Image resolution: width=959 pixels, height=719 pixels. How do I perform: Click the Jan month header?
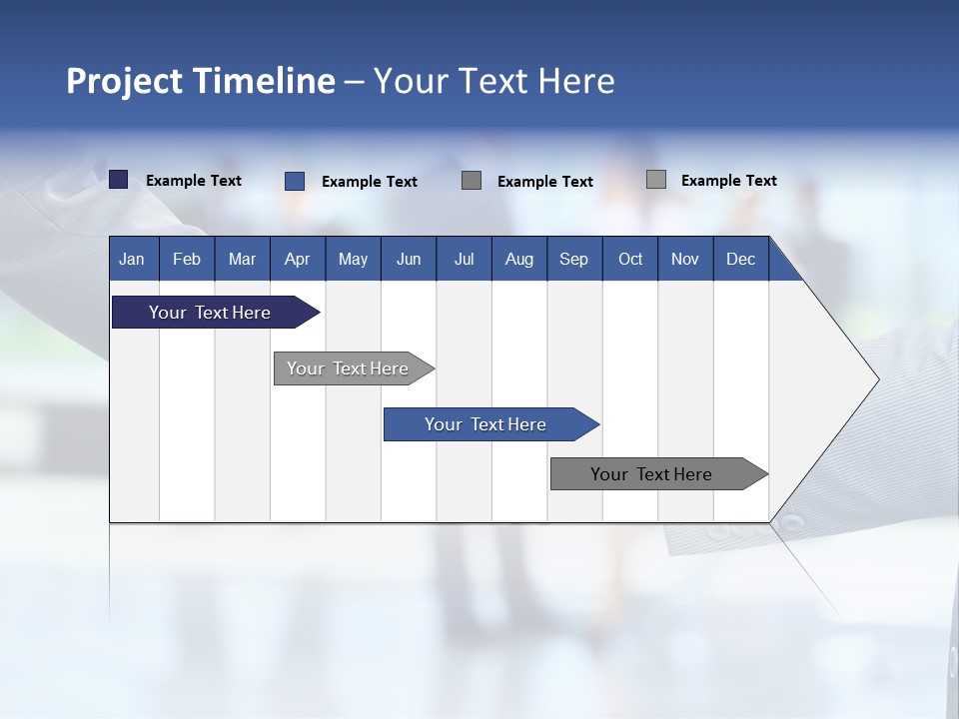pyautogui.click(x=132, y=259)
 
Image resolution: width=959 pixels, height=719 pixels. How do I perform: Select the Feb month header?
pyautogui.click(x=187, y=259)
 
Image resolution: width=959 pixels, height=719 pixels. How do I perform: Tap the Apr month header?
pyautogui.click(x=297, y=259)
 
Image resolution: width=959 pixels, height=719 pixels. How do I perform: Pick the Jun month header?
pyautogui.click(x=409, y=259)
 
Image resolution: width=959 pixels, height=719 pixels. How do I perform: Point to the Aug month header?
pyautogui.click(x=518, y=259)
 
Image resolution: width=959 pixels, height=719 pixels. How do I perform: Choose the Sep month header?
pyautogui.click(x=573, y=259)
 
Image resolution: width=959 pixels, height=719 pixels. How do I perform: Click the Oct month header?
pyautogui.click(x=630, y=259)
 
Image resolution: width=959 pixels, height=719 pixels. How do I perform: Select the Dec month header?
pyautogui.click(x=740, y=259)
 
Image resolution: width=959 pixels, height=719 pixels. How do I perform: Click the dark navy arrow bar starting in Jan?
pyautogui.click(x=210, y=313)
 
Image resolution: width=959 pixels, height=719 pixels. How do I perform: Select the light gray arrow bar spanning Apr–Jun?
pyautogui.click(x=348, y=368)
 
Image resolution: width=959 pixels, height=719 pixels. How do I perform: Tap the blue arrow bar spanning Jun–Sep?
pyautogui.click(x=485, y=424)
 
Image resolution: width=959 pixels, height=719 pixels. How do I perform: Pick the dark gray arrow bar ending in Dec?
pyautogui.click(x=651, y=474)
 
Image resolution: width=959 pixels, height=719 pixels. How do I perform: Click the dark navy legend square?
pyautogui.click(x=119, y=180)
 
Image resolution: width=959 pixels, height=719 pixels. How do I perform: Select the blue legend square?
pyautogui.click(x=295, y=181)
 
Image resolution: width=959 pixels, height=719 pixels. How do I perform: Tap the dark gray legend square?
pyautogui.click(x=472, y=181)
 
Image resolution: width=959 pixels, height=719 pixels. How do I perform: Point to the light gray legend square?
pyautogui.click(x=655, y=180)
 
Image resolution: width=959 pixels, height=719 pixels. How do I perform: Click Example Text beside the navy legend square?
pyautogui.click(x=194, y=181)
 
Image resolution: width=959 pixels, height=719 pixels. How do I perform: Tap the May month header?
pyautogui.click(x=353, y=259)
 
